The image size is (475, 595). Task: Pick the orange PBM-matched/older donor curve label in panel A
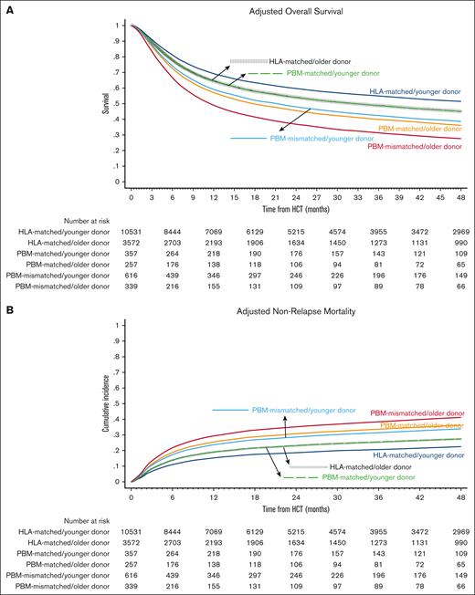point(420,129)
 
